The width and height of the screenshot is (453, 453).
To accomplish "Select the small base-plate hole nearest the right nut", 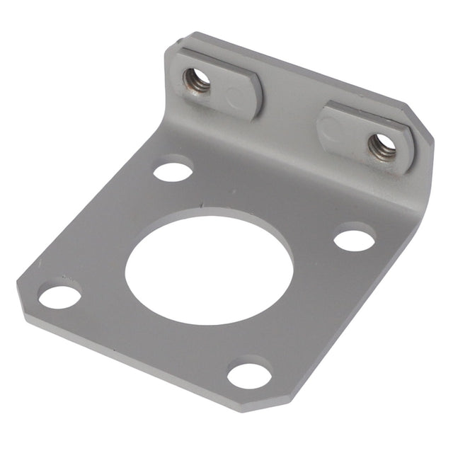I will [x=354, y=238].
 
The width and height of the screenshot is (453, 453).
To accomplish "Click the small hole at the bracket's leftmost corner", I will [x=59, y=295].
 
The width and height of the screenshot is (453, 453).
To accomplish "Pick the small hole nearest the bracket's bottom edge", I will [x=250, y=374].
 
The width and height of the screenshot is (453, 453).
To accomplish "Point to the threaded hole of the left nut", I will [x=197, y=79].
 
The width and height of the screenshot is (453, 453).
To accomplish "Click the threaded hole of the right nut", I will [x=382, y=146].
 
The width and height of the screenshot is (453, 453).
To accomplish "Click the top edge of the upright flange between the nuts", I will [x=290, y=65].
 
